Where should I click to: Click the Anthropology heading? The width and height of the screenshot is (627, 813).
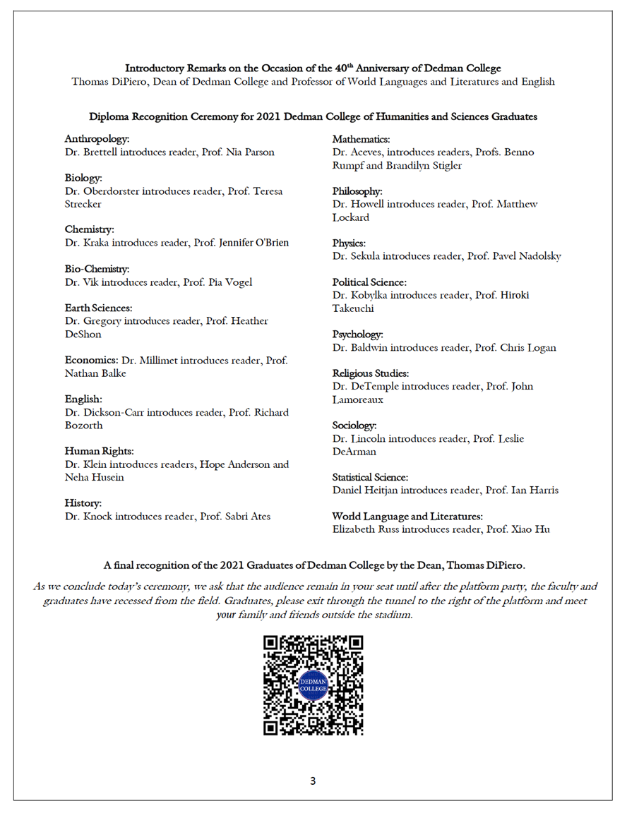click(97, 139)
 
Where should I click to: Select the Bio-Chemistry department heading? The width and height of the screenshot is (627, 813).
click(97, 269)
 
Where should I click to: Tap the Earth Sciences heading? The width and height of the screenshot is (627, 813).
click(99, 308)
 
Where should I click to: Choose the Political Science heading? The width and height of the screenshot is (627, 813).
click(369, 282)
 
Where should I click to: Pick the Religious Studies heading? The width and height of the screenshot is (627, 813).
click(371, 373)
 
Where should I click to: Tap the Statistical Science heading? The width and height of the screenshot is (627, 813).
click(370, 478)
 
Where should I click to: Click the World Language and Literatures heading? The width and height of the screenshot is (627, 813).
click(407, 517)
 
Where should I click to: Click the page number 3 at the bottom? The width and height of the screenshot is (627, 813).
click(313, 781)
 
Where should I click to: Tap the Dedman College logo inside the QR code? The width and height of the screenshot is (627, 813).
click(313, 685)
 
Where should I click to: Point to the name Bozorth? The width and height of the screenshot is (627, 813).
click(83, 425)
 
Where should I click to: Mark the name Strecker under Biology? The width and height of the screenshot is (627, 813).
click(83, 204)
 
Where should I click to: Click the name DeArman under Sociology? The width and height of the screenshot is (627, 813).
click(354, 452)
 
